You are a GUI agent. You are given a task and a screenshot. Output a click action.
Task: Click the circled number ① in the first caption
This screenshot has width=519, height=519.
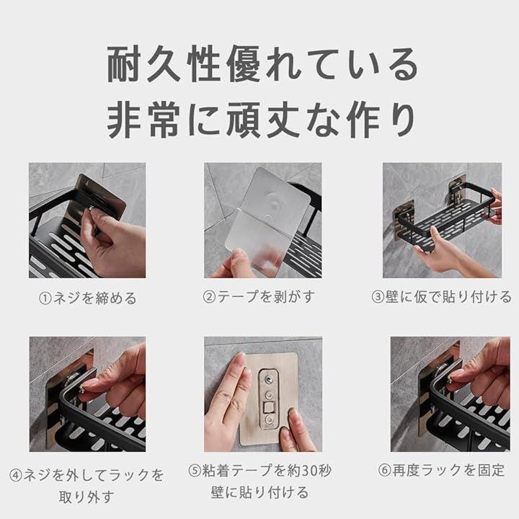(x=45, y=298)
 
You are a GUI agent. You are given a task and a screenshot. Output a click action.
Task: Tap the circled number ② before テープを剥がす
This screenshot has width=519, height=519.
(x=209, y=296)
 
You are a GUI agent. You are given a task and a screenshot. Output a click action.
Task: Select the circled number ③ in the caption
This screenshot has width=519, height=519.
(x=378, y=296)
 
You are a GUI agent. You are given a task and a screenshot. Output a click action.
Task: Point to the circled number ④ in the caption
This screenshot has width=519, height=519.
(x=16, y=475)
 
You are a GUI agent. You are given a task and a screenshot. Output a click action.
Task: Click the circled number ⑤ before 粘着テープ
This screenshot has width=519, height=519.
(x=195, y=470)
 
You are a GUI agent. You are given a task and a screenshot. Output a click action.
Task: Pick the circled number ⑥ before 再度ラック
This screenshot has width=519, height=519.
(x=385, y=470)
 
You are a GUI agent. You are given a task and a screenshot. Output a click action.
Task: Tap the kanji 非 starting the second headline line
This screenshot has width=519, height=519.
(x=124, y=120)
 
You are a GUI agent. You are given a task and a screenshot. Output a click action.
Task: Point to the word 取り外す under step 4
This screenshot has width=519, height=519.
(x=86, y=497)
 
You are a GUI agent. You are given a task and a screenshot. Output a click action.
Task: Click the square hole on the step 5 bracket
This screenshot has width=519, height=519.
(x=269, y=407)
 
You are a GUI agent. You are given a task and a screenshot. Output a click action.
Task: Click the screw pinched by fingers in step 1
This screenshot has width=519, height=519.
(x=90, y=208)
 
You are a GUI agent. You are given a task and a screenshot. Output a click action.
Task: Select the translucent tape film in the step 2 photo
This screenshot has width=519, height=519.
(x=267, y=220)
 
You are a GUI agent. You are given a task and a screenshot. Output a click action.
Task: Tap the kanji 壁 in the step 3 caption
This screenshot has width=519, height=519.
(x=392, y=296)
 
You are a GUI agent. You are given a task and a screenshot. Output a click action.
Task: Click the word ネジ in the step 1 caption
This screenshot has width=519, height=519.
(x=67, y=298)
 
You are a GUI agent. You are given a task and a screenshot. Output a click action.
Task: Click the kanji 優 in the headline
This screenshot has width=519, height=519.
(x=244, y=64)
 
